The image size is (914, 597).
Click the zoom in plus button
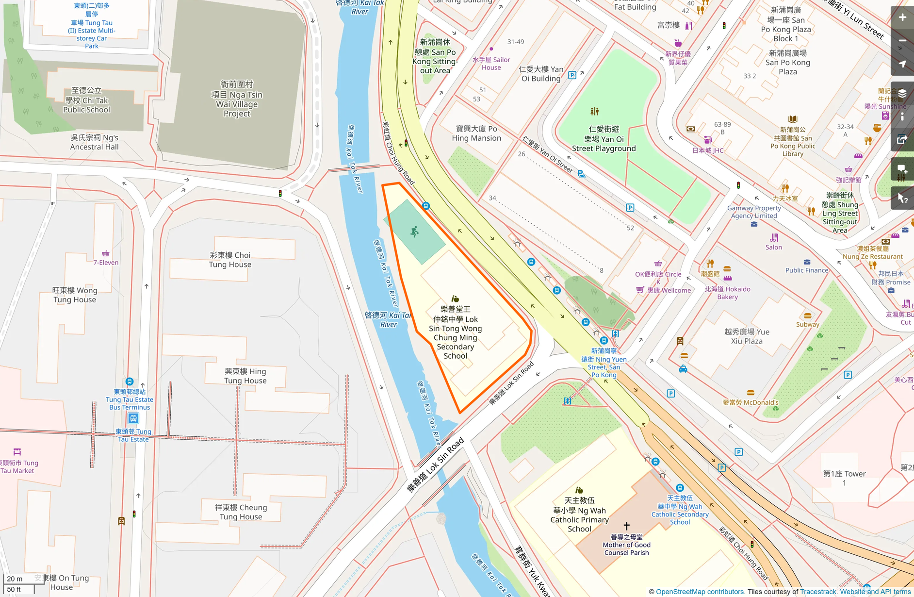902,17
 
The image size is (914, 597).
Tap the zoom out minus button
902,41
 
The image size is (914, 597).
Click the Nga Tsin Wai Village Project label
237,99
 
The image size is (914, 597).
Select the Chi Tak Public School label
87,100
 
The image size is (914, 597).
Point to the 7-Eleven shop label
106,263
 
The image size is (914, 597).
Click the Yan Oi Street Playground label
604,139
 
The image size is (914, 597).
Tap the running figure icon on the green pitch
414,232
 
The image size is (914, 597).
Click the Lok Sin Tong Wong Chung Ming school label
455,332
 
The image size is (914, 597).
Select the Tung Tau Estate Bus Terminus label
130,399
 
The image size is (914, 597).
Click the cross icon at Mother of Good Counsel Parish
626,526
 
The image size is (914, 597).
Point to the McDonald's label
751,402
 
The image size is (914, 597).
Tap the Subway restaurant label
807,324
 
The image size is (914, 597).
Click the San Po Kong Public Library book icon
793,119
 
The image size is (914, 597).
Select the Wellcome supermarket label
669,290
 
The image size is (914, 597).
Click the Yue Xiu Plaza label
747,336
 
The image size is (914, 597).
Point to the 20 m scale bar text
15,579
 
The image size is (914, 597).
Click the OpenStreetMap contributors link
700,592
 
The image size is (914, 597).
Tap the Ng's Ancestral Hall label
94,142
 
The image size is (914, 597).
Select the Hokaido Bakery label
727,293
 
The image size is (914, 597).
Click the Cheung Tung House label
241,512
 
